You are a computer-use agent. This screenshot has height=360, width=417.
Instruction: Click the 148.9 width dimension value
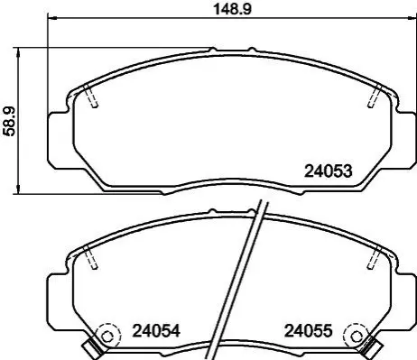[x=232, y=9]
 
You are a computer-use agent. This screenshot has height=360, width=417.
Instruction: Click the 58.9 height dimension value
[x=9, y=122]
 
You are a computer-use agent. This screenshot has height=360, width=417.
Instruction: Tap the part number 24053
[x=329, y=171]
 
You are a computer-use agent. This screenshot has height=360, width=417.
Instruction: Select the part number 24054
[x=156, y=331]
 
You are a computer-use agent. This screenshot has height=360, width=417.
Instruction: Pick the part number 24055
[x=309, y=331]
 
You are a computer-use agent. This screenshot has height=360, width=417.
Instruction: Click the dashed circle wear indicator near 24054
[x=107, y=336]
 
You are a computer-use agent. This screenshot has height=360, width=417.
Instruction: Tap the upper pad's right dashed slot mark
[x=375, y=96]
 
